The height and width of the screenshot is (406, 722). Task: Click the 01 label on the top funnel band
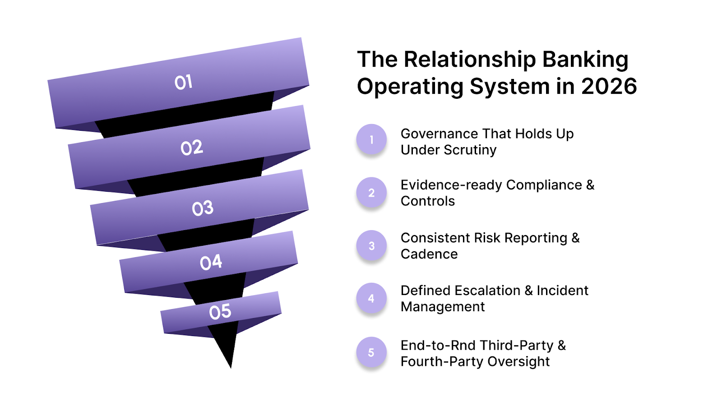point(184,82)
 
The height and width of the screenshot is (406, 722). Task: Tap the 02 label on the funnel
point(192,148)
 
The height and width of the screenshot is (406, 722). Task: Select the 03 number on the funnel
point(203,208)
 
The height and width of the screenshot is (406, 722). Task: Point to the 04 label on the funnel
point(211,262)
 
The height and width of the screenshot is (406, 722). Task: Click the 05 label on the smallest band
point(220,312)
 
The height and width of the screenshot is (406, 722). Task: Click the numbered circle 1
point(371,140)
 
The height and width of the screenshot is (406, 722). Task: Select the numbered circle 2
point(371,193)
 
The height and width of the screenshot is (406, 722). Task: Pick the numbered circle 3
point(371,246)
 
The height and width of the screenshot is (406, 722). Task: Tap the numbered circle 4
point(371,298)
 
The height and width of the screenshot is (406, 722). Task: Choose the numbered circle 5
point(371,352)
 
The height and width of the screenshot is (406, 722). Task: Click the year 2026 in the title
point(609,86)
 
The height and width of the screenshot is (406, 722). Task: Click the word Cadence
point(429,254)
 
